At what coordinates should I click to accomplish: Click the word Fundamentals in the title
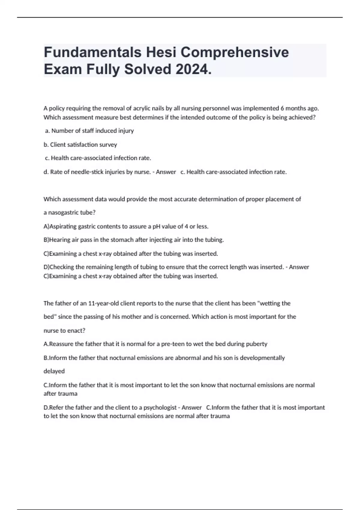[92, 52]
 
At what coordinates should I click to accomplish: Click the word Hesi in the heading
[161, 52]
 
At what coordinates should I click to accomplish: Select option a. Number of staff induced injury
[89, 131]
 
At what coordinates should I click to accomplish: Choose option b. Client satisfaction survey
[80, 145]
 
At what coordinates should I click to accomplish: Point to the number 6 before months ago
[282, 108]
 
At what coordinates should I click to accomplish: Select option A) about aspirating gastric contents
[126, 226]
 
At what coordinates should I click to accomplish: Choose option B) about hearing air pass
[134, 240]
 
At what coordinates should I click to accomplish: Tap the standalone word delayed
[54, 371]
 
